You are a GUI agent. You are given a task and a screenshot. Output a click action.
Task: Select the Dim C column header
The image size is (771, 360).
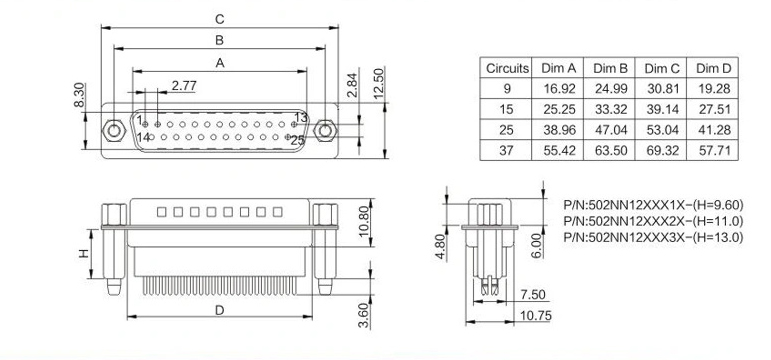click(x=662, y=68)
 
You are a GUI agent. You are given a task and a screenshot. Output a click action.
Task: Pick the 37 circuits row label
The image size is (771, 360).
click(x=506, y=150)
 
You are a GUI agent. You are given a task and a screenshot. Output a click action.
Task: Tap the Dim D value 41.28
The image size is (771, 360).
click(x=713, y=130)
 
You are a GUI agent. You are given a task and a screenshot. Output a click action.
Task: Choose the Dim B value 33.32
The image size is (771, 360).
click(x=610, y=109)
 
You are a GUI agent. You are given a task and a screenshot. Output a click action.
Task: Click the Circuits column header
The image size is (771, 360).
click(x=507, y=68)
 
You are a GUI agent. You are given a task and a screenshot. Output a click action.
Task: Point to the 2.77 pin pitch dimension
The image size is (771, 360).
click(x=184, y=86)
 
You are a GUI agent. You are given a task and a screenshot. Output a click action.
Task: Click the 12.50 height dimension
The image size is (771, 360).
click(x=379, y=83)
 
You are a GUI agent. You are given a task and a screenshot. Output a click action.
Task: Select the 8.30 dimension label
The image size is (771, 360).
click(x=79, y=95)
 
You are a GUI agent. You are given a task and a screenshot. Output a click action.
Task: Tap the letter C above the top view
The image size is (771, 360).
click(x=220, y=19)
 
